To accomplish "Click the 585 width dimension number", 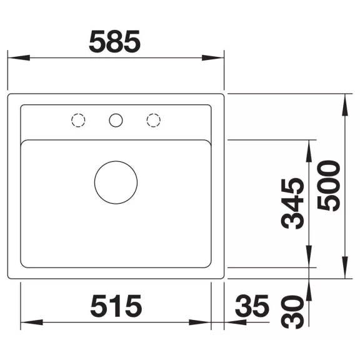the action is coord(114,41).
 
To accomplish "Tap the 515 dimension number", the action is coord(116,306).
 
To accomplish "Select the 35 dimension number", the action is coord(252,306).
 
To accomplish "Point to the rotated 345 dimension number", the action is coord(292,203).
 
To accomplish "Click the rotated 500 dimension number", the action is coord(328,186).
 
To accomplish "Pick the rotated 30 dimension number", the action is coord(292,312).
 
